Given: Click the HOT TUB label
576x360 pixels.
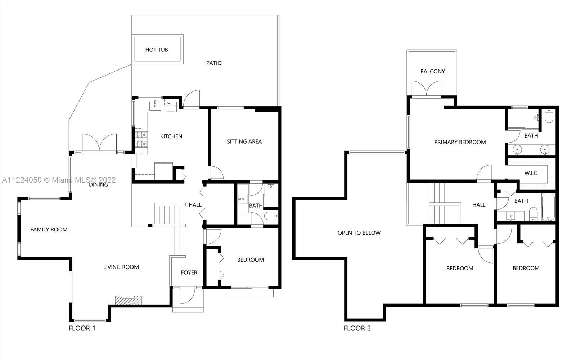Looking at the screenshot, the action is (156, 50).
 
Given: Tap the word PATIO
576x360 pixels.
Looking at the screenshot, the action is (214, 63).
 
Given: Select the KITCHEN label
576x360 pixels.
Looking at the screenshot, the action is (171, 136).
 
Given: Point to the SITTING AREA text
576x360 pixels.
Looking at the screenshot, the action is (244, 141).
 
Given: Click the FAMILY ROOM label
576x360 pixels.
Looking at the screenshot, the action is (49, 229).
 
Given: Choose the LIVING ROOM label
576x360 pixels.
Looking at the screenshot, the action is (121, 267).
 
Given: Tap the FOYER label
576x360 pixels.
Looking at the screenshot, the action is (189, 273).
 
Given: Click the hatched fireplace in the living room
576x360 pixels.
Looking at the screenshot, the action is (128, 300).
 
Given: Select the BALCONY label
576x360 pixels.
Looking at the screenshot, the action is (432, 72).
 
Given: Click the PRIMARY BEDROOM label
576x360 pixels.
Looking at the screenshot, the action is (460, 142).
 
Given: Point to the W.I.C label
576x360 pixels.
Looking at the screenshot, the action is (531, 173).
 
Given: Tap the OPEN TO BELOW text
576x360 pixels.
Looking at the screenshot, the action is (359, 233).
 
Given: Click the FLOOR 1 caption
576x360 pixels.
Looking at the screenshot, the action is (82, 328).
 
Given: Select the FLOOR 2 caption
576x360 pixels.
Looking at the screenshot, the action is (357, 328).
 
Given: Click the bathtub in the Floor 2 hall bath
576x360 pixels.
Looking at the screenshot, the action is (548, 207).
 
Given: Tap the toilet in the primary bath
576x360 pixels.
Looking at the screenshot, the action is (549, 116).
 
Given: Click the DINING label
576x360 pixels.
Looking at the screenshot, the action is (98, 185).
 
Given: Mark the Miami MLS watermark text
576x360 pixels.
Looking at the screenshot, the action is (59, 180).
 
